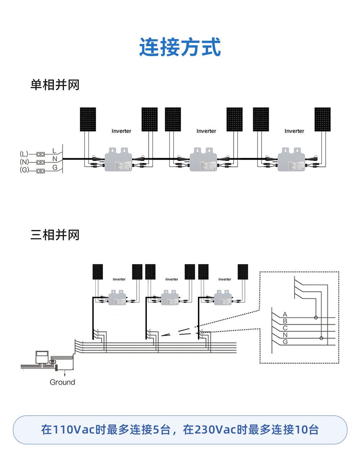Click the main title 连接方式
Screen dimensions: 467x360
click(x=180, y=47)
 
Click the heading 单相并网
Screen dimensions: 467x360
click(x=55, y=85)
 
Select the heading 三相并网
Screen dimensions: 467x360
click(x=55, y=235)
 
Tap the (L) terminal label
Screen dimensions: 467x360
click(x=24, y=154)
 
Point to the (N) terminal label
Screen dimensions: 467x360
click(x=24, y=162)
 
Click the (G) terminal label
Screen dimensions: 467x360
click(x=24, y=170)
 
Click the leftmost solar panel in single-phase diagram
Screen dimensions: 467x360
click(x=88, y=119)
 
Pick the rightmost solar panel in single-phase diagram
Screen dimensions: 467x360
click(x=322, y=119)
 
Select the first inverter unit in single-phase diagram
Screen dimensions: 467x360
click(x=118, y=160)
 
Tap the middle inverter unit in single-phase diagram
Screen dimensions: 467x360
click(x=203, y=160)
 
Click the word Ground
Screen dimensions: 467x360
click(x=62, y=382)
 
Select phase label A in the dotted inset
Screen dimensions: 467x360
click(x=285, y=314)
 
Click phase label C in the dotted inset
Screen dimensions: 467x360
click(x=285, y=328)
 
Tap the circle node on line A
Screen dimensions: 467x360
click(x=316, y=317)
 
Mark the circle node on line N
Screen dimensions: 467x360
click(x=321, y=338)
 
